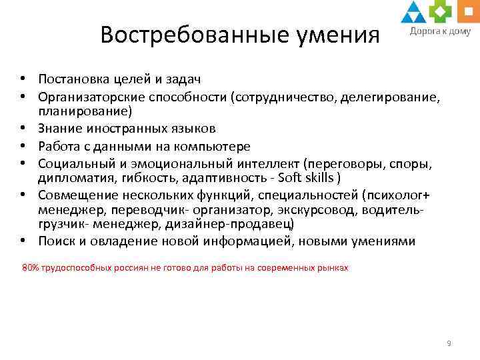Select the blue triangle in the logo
[413, 11]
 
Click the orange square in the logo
[463, 9]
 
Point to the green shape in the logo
[439, 11]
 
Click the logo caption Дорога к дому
[439, 30]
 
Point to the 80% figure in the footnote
[31, 267]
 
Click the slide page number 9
[449, 343]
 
